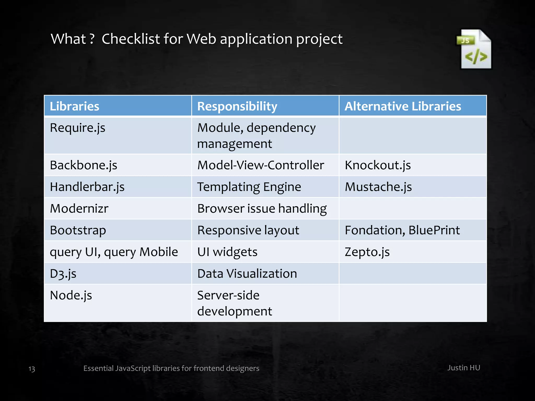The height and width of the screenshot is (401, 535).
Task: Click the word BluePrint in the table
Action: coord(434,230)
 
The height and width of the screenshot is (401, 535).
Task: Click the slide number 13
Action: coord(32,369)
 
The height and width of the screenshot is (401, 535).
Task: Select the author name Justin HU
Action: coord(464,368)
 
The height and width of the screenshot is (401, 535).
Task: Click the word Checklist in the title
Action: coord(131,39)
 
